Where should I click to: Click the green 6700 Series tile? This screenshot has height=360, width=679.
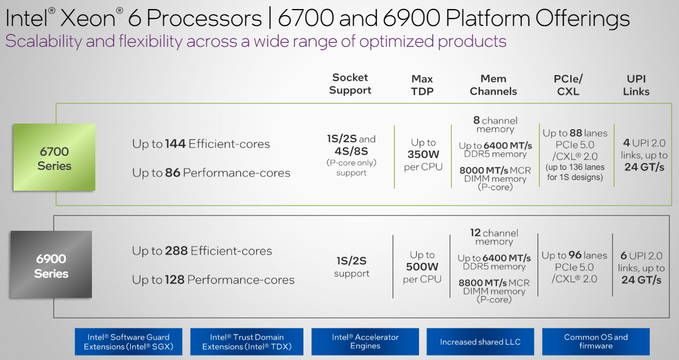click(x=54, y=157)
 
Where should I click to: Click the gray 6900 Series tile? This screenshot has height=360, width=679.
click(x=51, y=265)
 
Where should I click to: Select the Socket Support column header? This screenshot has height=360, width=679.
click(x=350, y=84)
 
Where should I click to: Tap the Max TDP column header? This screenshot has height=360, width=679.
click(x=422, y=85)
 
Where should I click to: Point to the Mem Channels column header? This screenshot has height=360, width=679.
click(x=493, y=85)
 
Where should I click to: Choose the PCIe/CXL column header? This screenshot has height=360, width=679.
click(x=568, y=85)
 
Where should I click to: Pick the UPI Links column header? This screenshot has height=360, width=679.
click(x=636, y=85)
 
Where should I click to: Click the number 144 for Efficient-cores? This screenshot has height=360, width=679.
click(x=175, y=144)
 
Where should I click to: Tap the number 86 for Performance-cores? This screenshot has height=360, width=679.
click(x=173, y=173)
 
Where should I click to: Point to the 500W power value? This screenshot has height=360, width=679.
click(x=422, y=267)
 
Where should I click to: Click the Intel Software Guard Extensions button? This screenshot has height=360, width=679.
click(x=129, y=342)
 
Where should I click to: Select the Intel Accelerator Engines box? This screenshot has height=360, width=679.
click(x=365, y=342)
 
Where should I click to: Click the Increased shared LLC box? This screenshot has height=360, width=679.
click(x=480, y=342)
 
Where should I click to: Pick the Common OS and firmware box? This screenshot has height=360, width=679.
click(x=596, y=342)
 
